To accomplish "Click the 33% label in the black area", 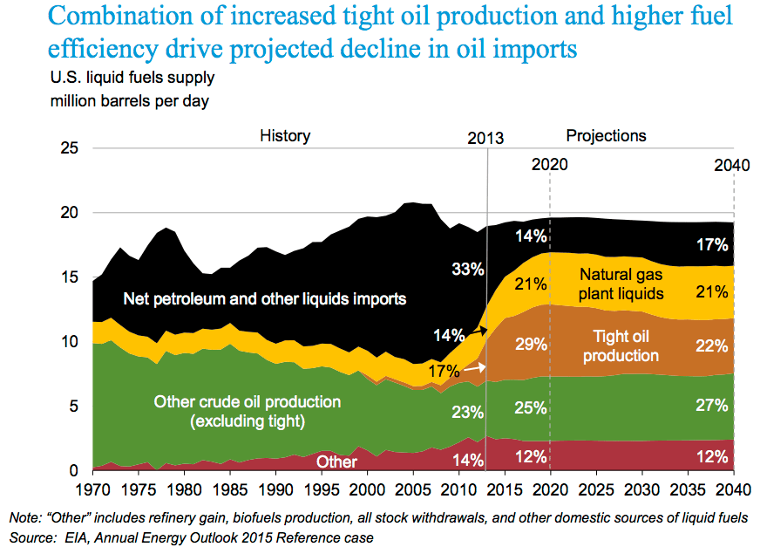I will [x=467, y=269].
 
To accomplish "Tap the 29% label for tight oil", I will [x=530, y=344].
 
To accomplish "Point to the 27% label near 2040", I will [x=712, y=406].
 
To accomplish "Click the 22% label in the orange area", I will [x=712, y=345].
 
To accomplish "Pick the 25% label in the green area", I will [x=530, y=407].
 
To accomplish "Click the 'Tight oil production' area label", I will [x=621, y=345].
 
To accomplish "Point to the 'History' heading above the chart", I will [x=285, y=136].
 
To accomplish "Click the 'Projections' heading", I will [x=607, y=136].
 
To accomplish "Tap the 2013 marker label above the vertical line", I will [x=485, y=139].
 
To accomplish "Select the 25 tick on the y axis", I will [x=71, y=148].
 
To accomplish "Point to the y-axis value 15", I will [x=71, y=277].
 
